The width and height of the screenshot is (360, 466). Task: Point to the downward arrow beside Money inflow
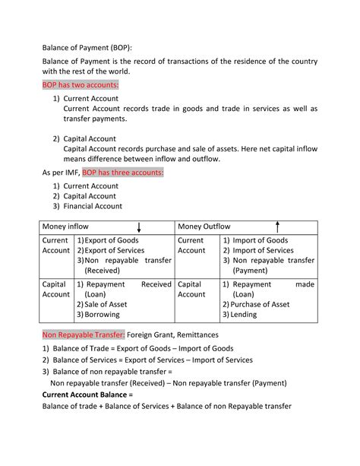pyautogui.click(x=139, y=227)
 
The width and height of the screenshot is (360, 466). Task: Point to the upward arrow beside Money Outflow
pyautogui.click(x=278, y=226)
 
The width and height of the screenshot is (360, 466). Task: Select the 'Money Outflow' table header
pyautogui.click(x=204, y=227)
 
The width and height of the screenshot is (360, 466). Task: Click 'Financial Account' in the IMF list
pyautogui.click(x=93, y=206)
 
